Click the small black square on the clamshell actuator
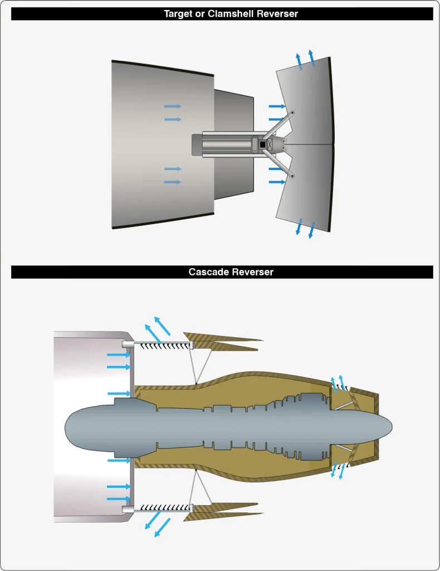(x=262, y=144)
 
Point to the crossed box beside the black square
(x=270, y=144)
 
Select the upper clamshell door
(x=307, y=102)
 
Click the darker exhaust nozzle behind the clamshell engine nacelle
(x=233, y=144)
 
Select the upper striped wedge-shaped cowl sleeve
(x=222, y=342)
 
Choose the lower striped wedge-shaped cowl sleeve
(x=222, y=511)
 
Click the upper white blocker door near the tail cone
(x=343, y=405)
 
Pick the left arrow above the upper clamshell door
(x=299, y=61)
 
